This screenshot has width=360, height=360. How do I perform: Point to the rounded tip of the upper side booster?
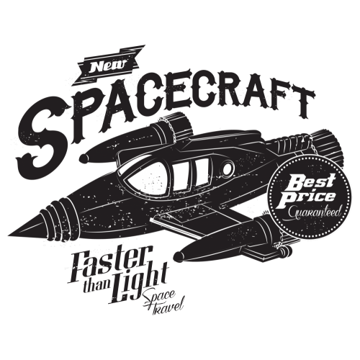tap(85, 158)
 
